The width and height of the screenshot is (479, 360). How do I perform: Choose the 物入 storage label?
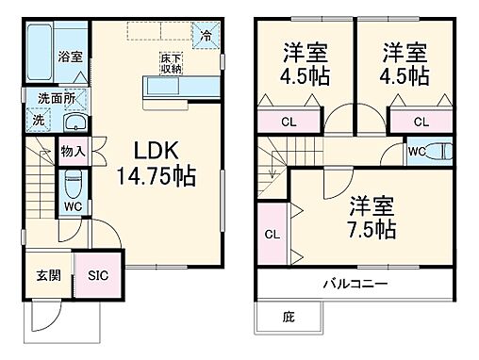(73, 151)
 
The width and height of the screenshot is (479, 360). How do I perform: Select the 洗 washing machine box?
(39, 121)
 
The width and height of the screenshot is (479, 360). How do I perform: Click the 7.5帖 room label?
(371, 216)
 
